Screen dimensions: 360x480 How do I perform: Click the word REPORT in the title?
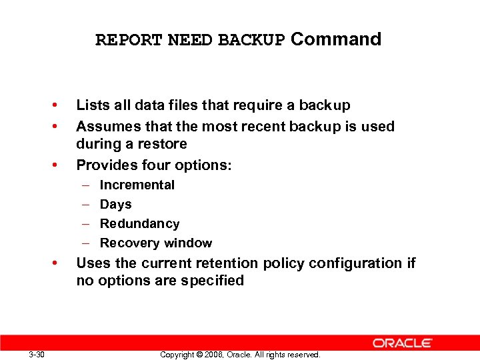(x=129, y=40)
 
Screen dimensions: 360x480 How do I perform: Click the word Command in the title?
(x=336, y=39)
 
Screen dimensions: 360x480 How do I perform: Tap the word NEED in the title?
(x=190, y=40)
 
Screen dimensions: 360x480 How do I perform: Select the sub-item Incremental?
(x=137, y=185)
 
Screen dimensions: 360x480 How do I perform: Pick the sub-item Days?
(x=115, y=205)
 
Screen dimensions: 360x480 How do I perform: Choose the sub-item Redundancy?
(x=139, y=224)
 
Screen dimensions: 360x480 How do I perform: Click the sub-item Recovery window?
(x=155, y=243)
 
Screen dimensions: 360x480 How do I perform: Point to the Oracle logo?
(x=403, y=343)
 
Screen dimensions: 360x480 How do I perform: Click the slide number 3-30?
(x=37, y=355)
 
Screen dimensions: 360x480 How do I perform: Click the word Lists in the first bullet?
(x=91, y=105)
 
